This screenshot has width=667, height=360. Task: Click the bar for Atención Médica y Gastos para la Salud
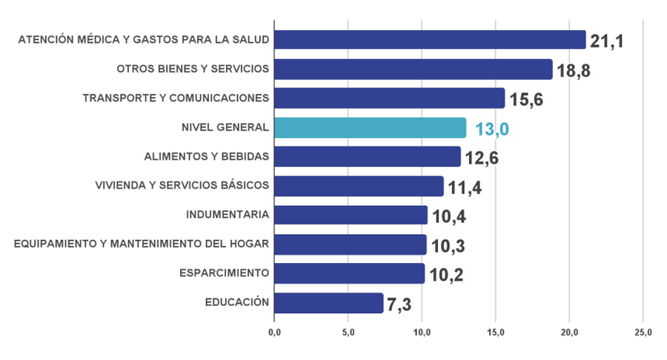(x=430, y=40)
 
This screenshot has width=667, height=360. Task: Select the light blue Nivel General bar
(x=371, y=127)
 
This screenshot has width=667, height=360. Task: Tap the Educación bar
(x=328, y=302)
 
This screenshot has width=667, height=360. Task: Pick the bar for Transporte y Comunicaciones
(x=389, y=99)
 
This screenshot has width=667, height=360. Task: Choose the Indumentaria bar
(x=351, y=215)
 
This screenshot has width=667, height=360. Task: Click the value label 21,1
(x=606, y=41)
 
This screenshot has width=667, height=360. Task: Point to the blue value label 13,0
(x=493, y=130)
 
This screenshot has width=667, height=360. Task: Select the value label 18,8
(x=574, y=70)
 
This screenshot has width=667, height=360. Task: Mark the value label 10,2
(x=447, y=275)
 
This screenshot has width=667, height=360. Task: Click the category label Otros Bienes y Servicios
(x=192, y=69)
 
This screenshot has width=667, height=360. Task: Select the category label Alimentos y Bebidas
(x=206, y=156)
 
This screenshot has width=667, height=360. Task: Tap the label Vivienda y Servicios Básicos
(x=182, y=185)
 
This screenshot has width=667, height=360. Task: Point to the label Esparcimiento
(x=223, y=273)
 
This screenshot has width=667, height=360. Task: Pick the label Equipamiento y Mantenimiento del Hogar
(x=141, y=244)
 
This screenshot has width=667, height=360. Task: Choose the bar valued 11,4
(x=359, y=186)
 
